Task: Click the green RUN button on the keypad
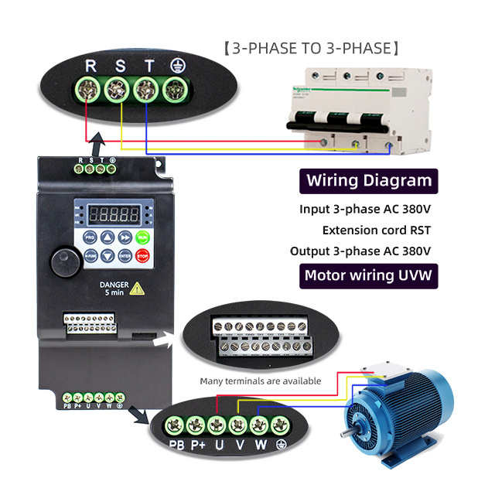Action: click(x=142, y=237)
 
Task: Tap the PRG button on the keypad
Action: click(x=90, y=237)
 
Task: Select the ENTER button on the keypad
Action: click(x=125, y=255)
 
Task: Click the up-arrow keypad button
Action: click(x=108, y=237)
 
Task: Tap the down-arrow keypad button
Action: click(x=108, y=255)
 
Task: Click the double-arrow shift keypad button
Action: click(x=125, y=237)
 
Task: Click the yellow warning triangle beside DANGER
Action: click(x=137, y=288)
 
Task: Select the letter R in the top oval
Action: click(x=91, y=67)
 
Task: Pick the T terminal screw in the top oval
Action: click(x=144, y=90)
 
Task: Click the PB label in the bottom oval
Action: click(x=177, y=445)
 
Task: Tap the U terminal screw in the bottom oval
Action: click(x=218, y=424)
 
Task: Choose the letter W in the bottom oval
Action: click(x=260, y=445)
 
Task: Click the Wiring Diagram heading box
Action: click(x=369, y=181)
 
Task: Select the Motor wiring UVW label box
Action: click(x=369, y=275)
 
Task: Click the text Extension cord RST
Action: click(x=376, y=230)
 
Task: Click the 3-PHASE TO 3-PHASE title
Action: click(x=311, y=49)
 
